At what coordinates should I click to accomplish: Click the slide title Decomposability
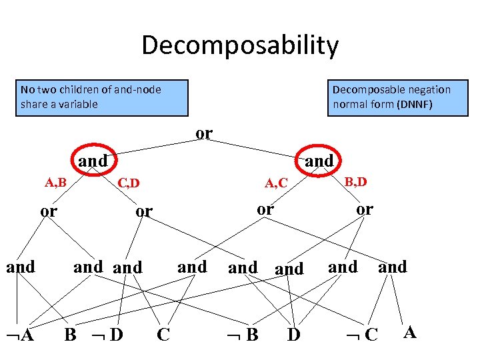click(240, 46)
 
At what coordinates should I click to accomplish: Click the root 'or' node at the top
click(204, 133)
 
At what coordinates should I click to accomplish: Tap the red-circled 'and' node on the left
click(93, 161)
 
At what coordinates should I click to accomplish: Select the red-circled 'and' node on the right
click(319, 161)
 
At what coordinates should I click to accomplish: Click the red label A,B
click(55, 181)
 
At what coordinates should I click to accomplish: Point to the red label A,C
click(276, 183)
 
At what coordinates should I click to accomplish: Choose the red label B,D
click(355, 181)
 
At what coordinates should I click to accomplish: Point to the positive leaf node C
click(163, 334)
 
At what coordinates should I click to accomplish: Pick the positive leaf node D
click(293, 334)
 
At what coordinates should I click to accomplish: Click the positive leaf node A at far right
click(410, 332)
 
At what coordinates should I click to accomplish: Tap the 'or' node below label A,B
click(49, 212)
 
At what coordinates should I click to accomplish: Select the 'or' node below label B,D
click(364, 209)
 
